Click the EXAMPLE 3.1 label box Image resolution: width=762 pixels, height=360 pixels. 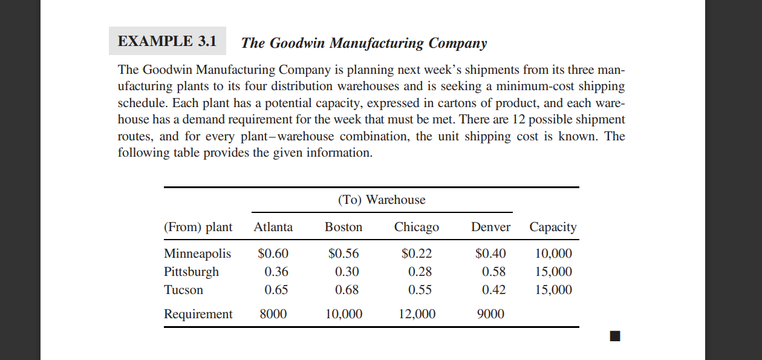[167, 42]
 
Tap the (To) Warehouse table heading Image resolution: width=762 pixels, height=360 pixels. [381, 200]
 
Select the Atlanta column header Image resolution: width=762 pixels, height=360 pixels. [273, 227]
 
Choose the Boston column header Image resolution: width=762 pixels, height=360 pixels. [344, 227]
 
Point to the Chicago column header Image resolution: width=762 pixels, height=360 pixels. [417, 227]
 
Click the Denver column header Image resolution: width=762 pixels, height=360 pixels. [490, 227]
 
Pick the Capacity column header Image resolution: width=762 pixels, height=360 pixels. [553, 227]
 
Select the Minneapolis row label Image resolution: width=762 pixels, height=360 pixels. [197, 254]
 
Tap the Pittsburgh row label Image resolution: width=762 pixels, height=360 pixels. [191, 272]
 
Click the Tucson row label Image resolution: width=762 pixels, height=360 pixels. [183, 290]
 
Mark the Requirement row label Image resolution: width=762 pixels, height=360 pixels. [198, 314]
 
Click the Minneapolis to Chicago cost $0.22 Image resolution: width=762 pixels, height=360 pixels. [417, 254]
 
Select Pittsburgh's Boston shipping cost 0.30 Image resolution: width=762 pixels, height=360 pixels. [347, 272]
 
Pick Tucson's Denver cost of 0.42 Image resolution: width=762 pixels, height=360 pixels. [493, 290]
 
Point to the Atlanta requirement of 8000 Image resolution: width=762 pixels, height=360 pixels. [274, 314]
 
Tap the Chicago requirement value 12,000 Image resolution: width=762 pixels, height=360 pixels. [417, 314]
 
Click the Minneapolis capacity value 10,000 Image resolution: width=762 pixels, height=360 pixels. [553, 254]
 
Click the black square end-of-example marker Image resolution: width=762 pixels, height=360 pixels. [615, 336]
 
